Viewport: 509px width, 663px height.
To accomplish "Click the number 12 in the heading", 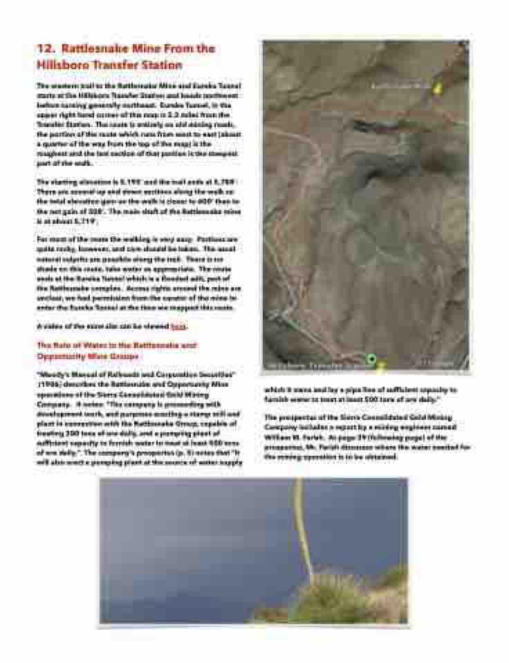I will point(44,49).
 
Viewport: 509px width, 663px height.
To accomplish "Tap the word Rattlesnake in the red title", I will point(94,49).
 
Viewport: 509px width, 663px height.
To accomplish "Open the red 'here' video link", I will point(178,326).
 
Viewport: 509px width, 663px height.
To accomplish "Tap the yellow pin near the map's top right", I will point(436,88).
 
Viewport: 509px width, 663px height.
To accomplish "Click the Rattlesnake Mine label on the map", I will point(400,87).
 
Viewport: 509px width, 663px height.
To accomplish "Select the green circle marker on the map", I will point(371,358).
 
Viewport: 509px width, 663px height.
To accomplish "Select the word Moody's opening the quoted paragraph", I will point(54,374).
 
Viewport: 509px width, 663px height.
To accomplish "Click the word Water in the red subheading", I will point(101,345).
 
